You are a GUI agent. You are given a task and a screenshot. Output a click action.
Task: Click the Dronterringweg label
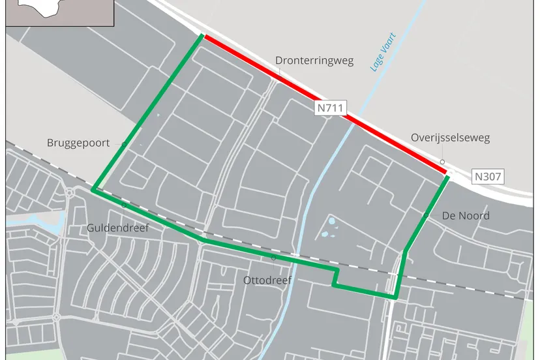point(314,61)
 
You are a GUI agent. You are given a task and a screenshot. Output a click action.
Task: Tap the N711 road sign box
point(331,108)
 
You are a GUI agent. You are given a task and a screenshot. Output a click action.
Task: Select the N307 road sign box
point(488,176)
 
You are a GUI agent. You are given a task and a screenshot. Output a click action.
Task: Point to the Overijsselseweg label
point(450,138)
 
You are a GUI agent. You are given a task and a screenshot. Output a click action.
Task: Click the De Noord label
point(466,215)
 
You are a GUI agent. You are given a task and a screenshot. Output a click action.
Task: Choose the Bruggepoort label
point(78,143)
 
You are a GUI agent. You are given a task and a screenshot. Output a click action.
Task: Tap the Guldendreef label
point(118,228)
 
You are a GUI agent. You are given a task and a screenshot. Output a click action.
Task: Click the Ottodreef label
point(267,280)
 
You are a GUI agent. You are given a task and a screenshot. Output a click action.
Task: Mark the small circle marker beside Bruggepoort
point(124,143)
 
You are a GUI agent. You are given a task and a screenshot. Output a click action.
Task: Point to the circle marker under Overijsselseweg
point(442,162)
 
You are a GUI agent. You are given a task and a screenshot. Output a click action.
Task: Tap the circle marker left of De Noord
point(425,215)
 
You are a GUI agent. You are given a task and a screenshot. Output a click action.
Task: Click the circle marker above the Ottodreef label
point(273,258)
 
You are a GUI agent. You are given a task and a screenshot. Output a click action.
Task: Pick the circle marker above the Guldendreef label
point(124,205)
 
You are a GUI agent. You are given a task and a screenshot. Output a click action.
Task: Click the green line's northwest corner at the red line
point(203,36)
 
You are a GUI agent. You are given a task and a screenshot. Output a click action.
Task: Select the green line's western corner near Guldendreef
point(94,190)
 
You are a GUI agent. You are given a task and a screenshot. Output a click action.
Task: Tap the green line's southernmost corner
point(395,297)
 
